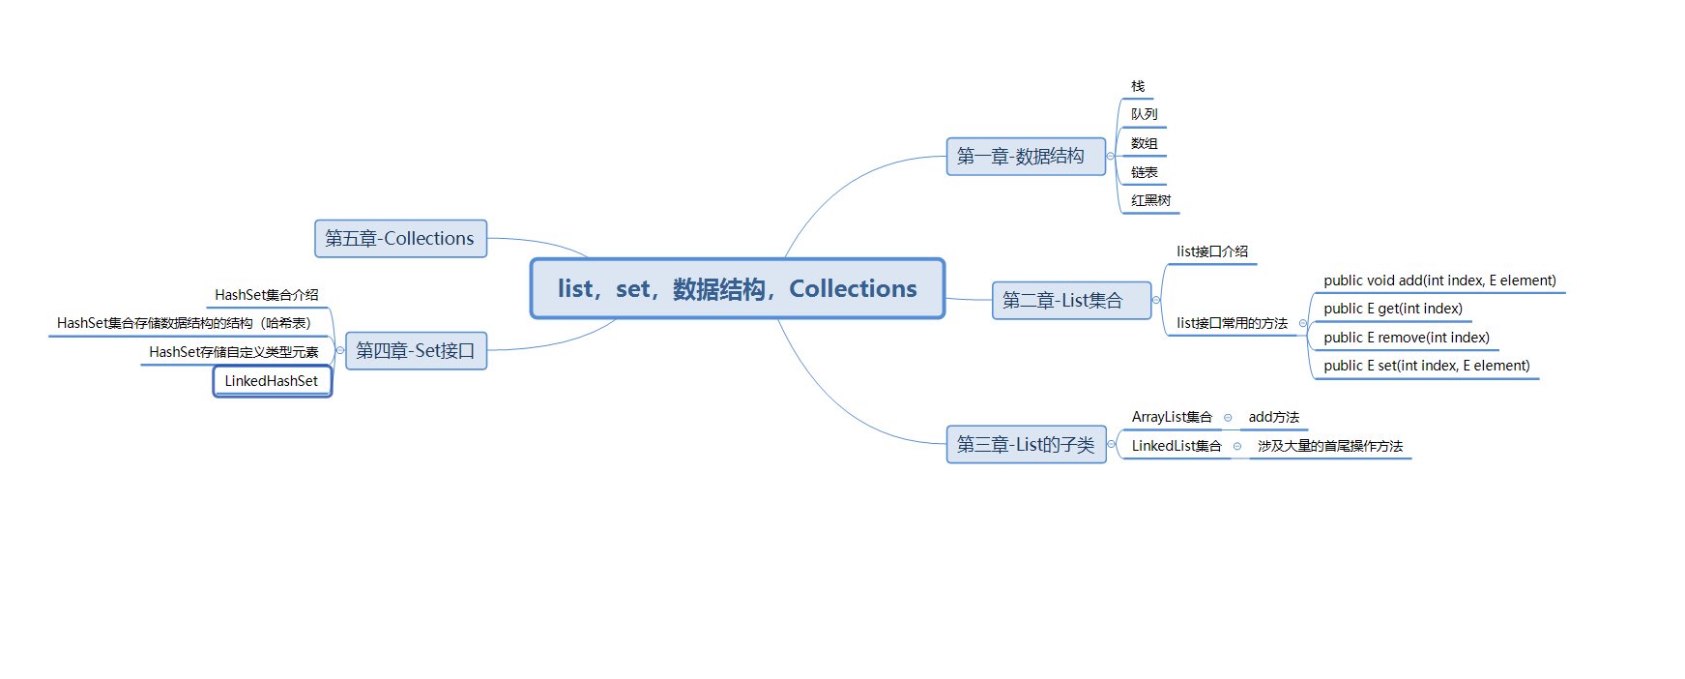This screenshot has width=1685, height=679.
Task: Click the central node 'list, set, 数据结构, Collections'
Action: [737, 288]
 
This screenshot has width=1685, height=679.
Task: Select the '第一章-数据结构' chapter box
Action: [1025, 157]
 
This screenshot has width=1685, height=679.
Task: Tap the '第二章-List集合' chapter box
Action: [1071, 301]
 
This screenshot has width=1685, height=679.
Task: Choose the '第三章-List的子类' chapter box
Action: [1026, 445]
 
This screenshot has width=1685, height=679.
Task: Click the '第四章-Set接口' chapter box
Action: [416, 351]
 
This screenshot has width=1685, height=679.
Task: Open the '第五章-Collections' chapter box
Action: [400, 239]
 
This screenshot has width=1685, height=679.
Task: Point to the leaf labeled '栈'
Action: [1138, 87]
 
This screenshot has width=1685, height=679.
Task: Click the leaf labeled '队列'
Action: [1144, 114]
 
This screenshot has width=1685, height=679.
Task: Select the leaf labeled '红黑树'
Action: [1150, 201]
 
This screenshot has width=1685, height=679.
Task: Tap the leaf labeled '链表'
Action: [1144, 172]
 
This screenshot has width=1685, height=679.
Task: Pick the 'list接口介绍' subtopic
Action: [1212, 251]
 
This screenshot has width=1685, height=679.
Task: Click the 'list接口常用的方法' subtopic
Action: [1232, 323]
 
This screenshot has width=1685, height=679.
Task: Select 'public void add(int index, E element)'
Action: [1439, 280]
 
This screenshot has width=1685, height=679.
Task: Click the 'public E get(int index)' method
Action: [1392, 309]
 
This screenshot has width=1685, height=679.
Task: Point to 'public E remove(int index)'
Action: [1406, 338]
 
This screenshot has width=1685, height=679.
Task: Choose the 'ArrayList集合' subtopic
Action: [1172, 417]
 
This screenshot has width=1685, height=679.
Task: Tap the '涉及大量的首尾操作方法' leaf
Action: [1329, 446]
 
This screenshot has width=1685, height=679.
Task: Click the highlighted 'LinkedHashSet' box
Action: [272, 381]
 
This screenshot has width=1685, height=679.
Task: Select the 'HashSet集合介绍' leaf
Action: [266, 295]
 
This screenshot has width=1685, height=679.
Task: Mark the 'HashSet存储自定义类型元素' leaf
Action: [233, 352]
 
